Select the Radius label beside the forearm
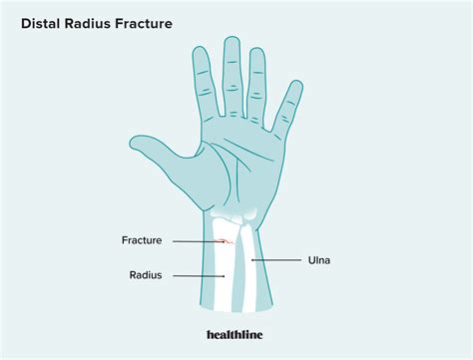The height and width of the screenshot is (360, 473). pyautogui.click(x=146, y=275)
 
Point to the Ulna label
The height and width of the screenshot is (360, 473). pyautogui.click(x=315, y=261)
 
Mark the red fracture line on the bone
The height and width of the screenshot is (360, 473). pyautogui.click(x=227, y=240)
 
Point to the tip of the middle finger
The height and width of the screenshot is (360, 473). pyautogui.click(x=232, y=42)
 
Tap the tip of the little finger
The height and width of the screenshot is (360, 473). pyautogui.click(x=295, y=86)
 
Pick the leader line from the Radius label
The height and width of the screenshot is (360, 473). pyautogui.click(x=200, y=275)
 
